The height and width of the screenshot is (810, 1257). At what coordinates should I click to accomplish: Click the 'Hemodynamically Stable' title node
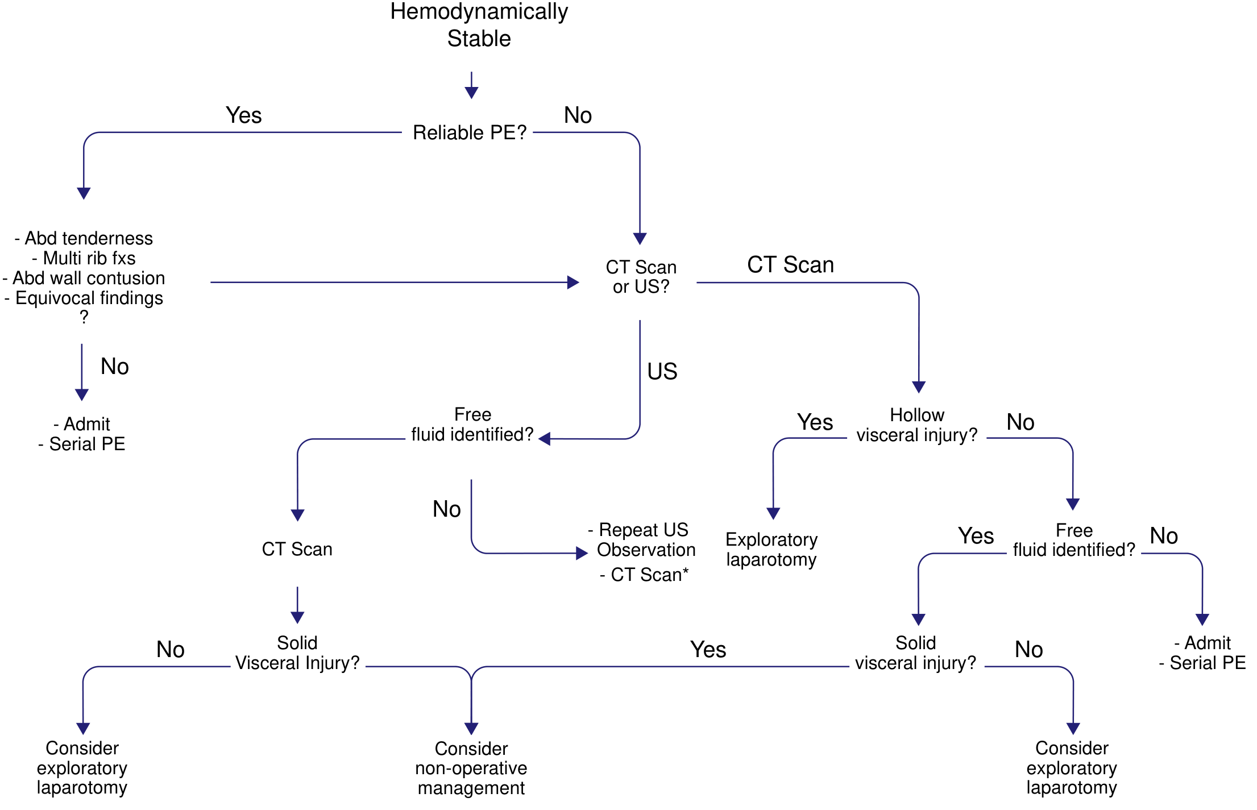pyautogui.click(x=479, y=25)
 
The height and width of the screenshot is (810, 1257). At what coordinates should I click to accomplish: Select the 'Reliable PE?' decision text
pyautogui.click(x=470, y=132)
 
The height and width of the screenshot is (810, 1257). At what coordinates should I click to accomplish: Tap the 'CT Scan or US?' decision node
pyautogui.click(x=641, y=277)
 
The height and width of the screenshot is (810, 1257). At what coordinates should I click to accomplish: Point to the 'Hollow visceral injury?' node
pyautogui.click(x=916, y=425)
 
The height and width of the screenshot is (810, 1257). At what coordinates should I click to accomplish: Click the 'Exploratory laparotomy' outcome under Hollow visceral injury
pyautogui.click(x=771, y=549)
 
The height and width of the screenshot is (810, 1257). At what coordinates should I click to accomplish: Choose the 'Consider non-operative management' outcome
pyautogui.click(x=471, y=768)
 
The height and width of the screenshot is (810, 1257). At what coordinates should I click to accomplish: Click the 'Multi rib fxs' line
pyautogui.click(x=84, y=258)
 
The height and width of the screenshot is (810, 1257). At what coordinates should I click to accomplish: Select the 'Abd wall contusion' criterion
pyautogui.click(x=84, y=278)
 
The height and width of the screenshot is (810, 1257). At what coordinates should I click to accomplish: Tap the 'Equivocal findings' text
pyautogui.click(x=84, y=298)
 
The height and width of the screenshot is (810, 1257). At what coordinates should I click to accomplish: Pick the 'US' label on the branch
pyautogui.click(x=662, y=372)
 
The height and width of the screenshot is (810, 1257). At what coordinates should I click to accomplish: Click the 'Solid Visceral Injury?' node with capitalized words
pyautogui.click(x=297, y=653)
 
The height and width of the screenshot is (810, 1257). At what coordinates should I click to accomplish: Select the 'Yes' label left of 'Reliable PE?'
pyautogui.click(x=243, y=115)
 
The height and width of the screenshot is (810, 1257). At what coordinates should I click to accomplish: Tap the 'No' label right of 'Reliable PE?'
pyautogui.click(x=578, y=115)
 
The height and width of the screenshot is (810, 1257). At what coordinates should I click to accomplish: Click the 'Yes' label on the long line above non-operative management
pyautogui.click(x=708, y=650)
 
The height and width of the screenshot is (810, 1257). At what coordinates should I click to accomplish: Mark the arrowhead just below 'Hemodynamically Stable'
pyautogui.click(x=471, y=93)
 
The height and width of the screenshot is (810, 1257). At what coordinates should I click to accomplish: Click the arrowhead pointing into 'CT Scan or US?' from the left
pyautogui.click(x=573, y=283)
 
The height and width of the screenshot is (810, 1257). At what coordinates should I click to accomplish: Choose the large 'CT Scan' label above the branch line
pyautogui.click(x=790, y=265)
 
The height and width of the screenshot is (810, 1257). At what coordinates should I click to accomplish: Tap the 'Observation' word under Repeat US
pyautogui.click(x=646, y=550)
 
